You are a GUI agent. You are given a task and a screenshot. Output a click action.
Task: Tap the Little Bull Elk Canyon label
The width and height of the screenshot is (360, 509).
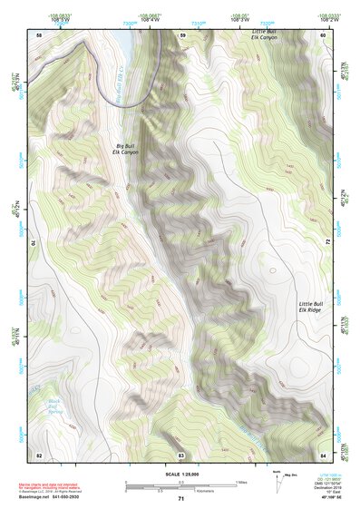click(x=265, y=34)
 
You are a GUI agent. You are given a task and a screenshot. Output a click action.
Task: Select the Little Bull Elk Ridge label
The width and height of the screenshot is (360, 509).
click(x=312, y=307)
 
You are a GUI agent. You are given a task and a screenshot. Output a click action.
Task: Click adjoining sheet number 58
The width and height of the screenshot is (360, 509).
click(x=39, y=34)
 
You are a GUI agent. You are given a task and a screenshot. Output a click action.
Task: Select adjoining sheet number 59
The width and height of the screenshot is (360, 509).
click(x=182, y=34)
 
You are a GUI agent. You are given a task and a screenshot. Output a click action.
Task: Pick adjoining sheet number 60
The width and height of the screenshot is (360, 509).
click(x=324, y=34)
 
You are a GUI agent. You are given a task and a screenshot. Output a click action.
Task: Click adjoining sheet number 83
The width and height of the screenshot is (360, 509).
click(x=181, y=454)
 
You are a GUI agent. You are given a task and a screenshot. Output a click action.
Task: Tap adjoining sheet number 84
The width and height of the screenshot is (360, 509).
click(x=324, y=454)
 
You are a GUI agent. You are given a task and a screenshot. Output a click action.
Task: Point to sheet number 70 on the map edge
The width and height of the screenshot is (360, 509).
click(x=37, y=243)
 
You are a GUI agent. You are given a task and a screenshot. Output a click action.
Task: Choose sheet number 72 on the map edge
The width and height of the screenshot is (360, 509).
click(x=326, y=243)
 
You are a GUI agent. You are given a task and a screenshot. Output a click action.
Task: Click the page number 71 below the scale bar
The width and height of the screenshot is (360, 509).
click(x=181, y=499)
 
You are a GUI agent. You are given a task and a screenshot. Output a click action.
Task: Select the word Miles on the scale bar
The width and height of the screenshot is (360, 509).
click(x=241, y=481)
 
